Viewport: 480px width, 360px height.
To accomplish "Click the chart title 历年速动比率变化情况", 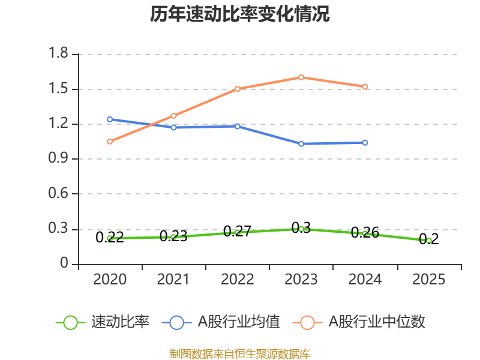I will click(x=240, y=14).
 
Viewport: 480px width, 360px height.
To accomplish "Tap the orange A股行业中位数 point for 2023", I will click(x=301, y=77).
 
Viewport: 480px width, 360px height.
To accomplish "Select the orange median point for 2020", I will click(x=110, y=142).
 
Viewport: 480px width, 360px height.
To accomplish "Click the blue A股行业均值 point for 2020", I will click(x=110, y=119).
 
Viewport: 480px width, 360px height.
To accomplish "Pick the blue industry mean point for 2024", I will click(x=365, y=143).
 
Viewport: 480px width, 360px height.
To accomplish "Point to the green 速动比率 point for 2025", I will click(x=429, y=241).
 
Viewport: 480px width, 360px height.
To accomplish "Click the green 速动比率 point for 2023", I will click(x=301, y=229).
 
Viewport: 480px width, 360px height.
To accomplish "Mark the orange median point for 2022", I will click(x=238, y=89).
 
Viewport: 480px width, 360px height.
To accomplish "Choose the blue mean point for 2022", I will click(x=238, y=126).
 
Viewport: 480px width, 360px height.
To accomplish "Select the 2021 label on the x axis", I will click(x=173, y=280).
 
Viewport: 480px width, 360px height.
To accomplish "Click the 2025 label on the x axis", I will click(x=429, y=280).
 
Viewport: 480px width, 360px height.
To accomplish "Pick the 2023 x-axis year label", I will click(x=301, y=280).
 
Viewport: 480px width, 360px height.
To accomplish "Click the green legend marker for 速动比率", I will click(x=70, y=322).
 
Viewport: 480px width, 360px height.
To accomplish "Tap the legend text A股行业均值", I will click(x=239, y=322).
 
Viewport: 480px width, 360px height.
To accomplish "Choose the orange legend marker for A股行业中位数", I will click(x=308, y=322).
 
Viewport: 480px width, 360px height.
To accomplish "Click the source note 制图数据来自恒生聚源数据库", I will click(x=240, y=353).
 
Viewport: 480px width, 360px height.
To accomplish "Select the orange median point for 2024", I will click(x=365, y=87).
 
